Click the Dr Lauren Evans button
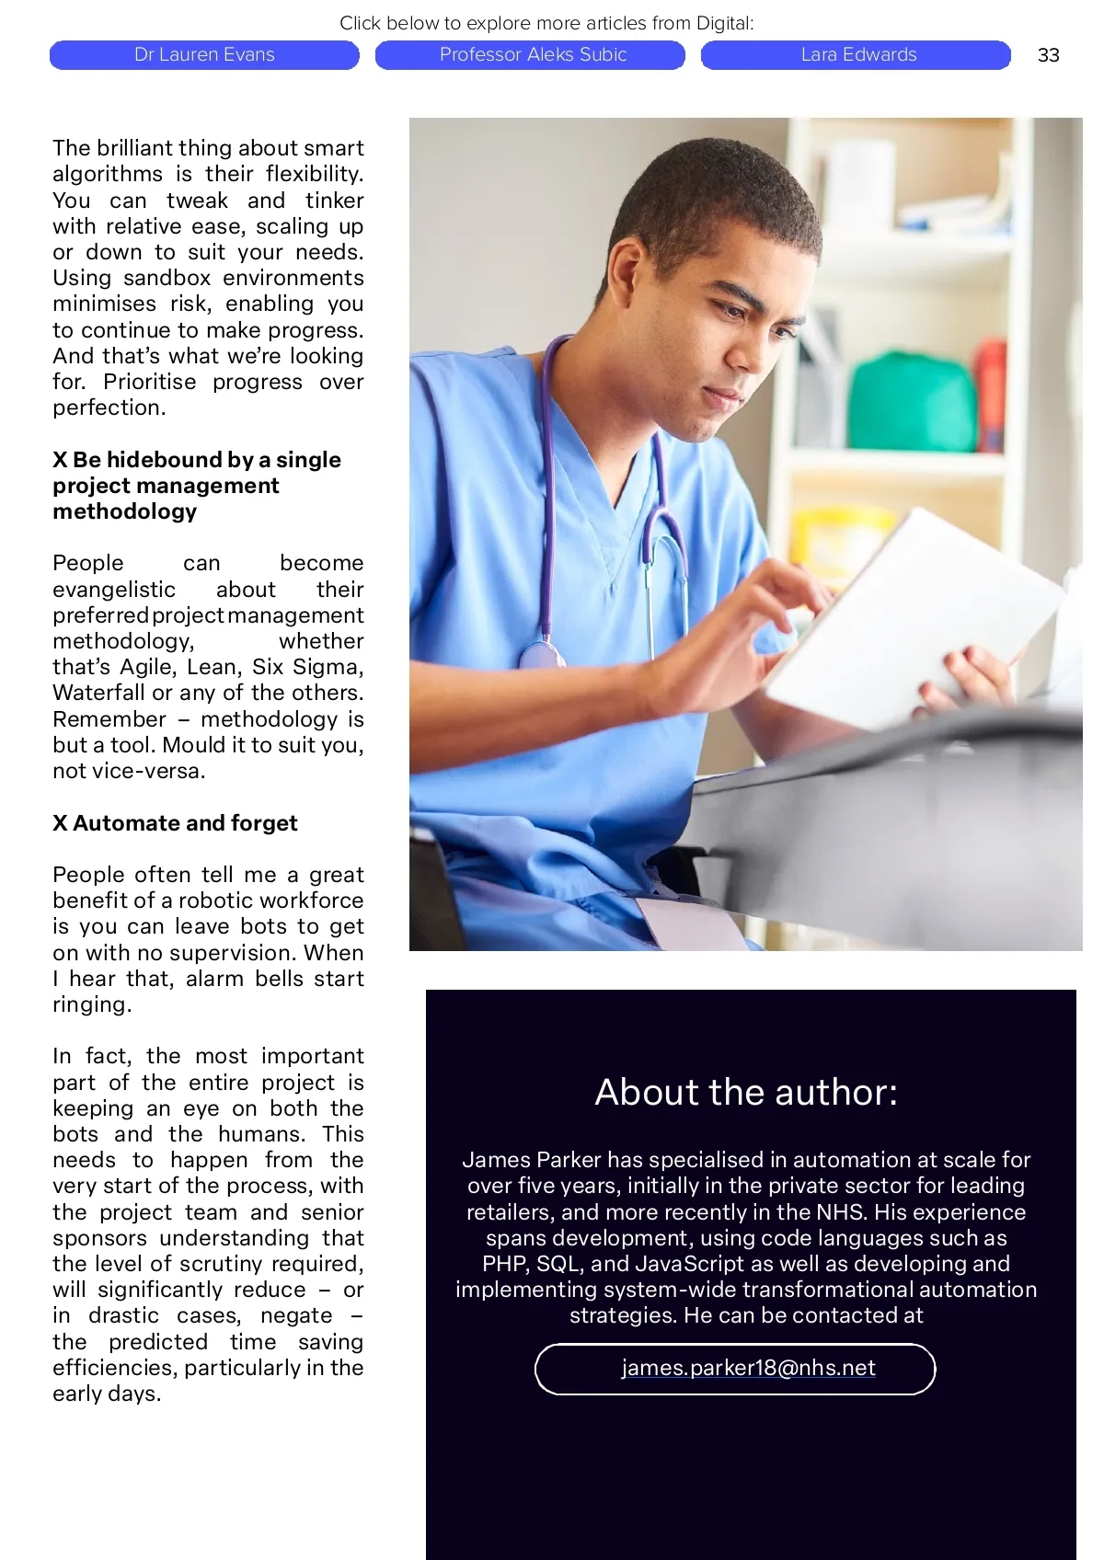coord(204,55)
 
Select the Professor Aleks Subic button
coord(532,55)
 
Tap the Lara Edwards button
coord(857,55)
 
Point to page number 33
coord(1048,55)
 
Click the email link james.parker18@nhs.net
coord(748,1368)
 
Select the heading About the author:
coord(746,1092)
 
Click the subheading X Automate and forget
coord(175,822)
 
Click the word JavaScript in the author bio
coord(699,1264)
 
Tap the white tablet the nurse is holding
coord(911,616)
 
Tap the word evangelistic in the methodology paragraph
coord(114,590)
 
